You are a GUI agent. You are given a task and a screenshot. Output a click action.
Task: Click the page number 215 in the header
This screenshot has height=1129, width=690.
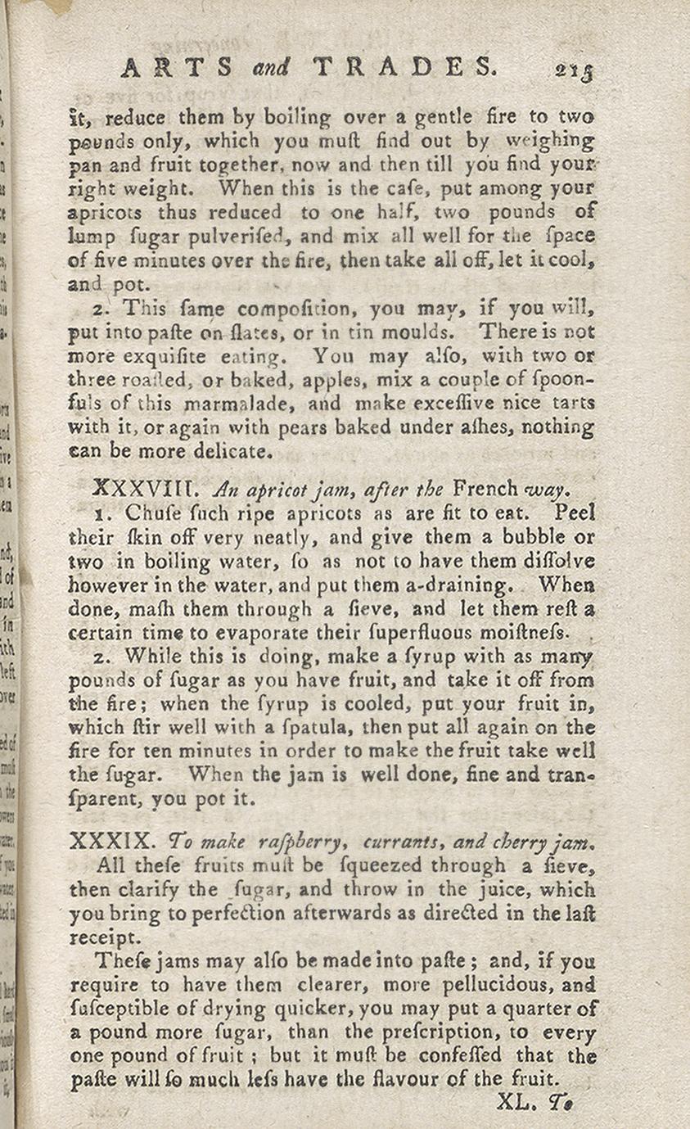coord(573,70)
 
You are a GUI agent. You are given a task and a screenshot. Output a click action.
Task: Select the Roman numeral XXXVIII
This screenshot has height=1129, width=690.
coord(143,490)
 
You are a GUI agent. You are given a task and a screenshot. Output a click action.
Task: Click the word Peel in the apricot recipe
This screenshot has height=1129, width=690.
coord(575,513)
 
